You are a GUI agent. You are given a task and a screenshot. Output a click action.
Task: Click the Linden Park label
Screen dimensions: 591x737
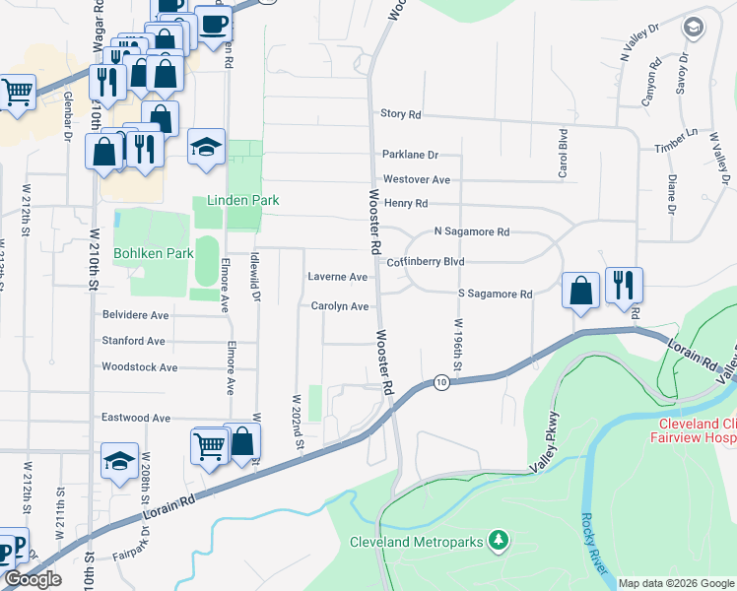242,200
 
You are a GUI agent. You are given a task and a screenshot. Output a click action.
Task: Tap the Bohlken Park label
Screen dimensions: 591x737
153,253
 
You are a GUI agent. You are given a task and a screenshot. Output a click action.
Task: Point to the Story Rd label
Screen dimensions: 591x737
400,114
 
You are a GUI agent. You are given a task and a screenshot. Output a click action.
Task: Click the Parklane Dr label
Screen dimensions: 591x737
410,155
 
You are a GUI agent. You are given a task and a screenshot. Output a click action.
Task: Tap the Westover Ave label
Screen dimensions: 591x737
417,180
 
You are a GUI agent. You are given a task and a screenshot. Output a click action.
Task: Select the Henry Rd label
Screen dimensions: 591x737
405,203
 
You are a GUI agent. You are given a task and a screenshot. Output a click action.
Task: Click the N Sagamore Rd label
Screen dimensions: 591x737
471,232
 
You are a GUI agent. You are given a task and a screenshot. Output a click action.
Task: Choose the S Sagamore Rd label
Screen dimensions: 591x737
495,295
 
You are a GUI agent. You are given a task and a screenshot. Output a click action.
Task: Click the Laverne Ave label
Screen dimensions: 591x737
337,277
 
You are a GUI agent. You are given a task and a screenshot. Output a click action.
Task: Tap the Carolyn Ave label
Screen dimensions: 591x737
340,306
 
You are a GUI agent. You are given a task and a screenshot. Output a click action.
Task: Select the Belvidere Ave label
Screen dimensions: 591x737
136,315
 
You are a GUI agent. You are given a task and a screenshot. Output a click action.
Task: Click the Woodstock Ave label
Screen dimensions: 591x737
140,367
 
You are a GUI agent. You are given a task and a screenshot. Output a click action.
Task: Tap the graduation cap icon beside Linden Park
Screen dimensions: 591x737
206,147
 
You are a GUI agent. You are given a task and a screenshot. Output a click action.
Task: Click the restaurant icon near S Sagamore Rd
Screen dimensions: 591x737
624,286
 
